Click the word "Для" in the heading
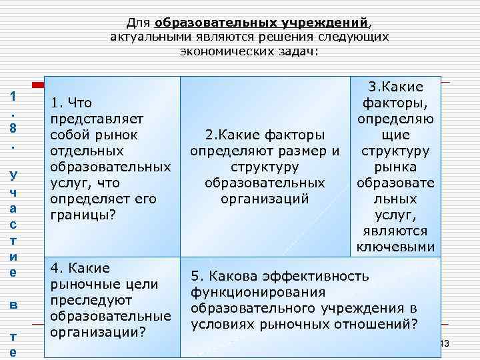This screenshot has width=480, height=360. click(138, 23)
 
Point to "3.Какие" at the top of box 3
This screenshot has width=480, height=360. click(396, 87)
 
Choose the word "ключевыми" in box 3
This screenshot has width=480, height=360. click(396, 247)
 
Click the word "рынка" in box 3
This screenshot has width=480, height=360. click(396, 167)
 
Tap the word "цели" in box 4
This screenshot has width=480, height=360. click(141, 284)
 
